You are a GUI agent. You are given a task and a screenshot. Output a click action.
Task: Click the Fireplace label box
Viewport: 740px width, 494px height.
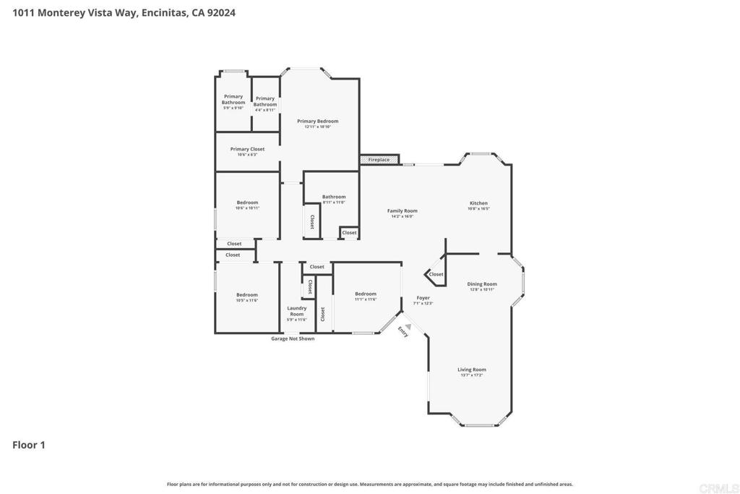click(x=379, y=159)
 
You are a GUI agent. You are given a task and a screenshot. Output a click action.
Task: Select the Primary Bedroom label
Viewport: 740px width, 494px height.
click(x=317, y=122)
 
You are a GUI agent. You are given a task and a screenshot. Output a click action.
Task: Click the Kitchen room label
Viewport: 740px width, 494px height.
click(x=478, y=203)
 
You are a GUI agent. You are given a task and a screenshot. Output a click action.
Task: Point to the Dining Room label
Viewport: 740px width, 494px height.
click(x=481, y=284)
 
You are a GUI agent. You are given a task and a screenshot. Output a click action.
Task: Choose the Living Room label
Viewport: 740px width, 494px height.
click(x=471, y=370)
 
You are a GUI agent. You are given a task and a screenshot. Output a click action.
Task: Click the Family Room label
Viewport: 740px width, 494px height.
click(x=402, y=210)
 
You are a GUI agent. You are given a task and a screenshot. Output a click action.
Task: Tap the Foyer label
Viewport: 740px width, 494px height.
click(x=423, y=298)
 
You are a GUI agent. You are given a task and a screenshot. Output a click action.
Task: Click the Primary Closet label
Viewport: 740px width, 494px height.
click(x=247, y=149)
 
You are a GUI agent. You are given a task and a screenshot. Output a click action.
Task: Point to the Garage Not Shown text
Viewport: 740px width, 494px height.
click(x=292, y=338)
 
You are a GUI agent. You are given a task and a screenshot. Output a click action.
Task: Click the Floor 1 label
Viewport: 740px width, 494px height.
click(x=29, y=445)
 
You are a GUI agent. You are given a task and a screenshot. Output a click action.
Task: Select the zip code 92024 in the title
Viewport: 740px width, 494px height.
click(x=222, y=12)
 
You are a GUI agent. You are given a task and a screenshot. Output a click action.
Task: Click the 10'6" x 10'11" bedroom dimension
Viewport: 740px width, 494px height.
click(x=247, y=208)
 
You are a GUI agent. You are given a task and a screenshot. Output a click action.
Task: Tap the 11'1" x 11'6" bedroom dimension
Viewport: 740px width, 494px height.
click(x=366, y=299)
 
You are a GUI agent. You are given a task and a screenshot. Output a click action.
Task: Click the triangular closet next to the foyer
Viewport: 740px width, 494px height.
click(x=435, y=274)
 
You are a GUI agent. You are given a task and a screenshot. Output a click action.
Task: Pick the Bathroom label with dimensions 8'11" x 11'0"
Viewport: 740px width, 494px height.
click(x=334, y=197)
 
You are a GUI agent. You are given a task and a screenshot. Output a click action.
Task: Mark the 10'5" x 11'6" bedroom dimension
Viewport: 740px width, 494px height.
click(x=247, y=300)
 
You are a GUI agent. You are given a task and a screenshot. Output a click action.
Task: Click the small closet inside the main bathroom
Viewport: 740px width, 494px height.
click(x=349, y=233)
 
